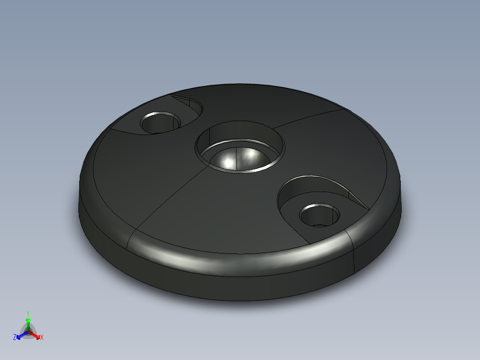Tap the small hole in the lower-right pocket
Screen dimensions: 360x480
pos(320,216)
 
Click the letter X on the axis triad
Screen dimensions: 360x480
pos(42,338)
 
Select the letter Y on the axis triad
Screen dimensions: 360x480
pos(28,313)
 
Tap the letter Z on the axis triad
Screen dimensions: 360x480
pos(15,337)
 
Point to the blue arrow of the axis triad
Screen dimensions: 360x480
pos(20,335)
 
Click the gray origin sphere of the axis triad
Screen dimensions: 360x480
pos(28,332)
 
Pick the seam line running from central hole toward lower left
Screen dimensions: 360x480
pos(169,200)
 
